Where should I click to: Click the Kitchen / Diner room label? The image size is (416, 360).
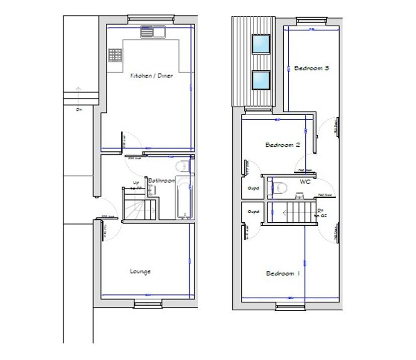click(x=151, y=76)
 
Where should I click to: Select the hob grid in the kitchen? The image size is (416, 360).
click(x=115, y=55)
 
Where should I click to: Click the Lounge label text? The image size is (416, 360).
click(x=140, y=272)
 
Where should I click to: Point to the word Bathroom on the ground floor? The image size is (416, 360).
click(x=162, y=181)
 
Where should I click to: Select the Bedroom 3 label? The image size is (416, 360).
click(x=311, y=68)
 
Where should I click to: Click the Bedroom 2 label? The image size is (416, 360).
click(x=283, y=145)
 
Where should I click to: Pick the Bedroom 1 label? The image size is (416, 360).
click(x=283, y=274)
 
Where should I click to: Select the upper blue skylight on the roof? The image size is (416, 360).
click(x=260, y=44)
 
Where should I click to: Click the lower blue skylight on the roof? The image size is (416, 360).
click(x=260, y=79)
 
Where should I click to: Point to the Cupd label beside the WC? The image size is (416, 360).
click(x=254, y=189)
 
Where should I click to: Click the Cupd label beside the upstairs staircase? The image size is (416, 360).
click(x=253, y=211)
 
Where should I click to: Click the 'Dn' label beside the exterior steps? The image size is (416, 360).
click(x=78, y=109)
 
